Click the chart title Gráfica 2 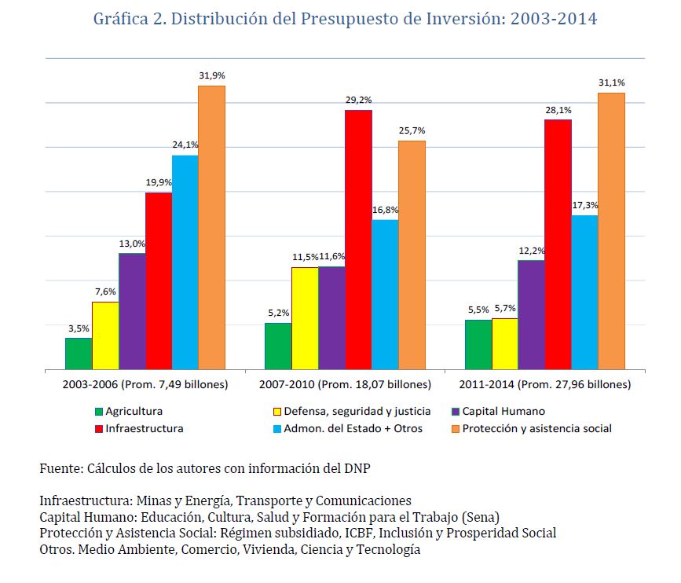tap(345, 19)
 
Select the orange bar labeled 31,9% tap(211, 227)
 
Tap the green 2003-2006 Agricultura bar tap(79, 354)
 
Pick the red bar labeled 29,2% tap(358, 240)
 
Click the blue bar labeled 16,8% tap(385, 295)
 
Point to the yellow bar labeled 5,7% tap(505, 343)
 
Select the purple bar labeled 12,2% tap(532, 314)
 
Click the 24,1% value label tap(185, 145)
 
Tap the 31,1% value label tap(611, 82)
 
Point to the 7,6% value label tap(105, 291)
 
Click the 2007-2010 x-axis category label tap(345, 385)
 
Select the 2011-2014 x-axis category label tap(544, 385)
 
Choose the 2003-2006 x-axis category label tap(145, 385)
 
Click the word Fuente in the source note tap(58, 468)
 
